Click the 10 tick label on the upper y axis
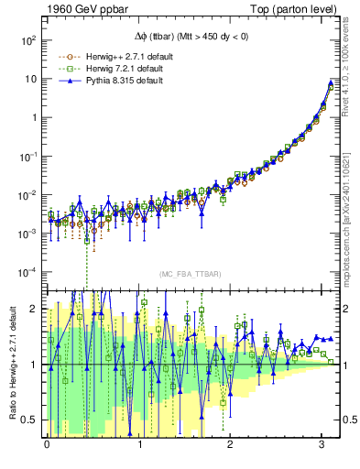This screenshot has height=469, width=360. [x=29, y=80]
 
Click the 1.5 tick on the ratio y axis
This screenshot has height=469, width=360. [x=29, y=336]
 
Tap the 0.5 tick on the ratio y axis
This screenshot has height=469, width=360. [x=29, y=420]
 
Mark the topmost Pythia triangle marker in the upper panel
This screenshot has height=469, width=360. [x=330, y=83]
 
